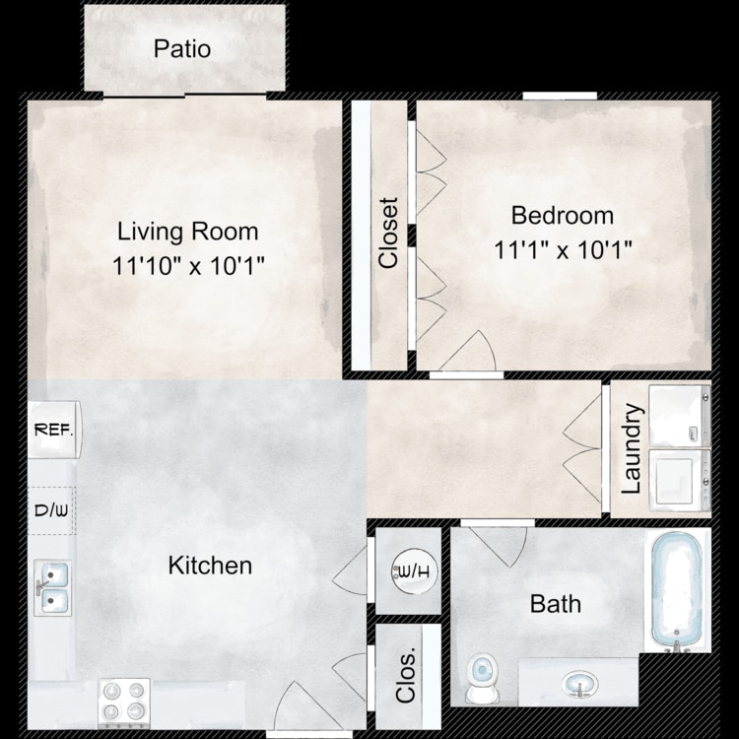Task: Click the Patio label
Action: tap(182, 49)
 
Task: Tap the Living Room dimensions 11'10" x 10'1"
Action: tap(188, 265)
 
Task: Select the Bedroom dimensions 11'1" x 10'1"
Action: tap(563, 249)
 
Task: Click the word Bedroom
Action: tap(563, 216)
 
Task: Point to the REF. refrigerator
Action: tap(54, 430)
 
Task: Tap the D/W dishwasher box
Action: tap(51, 510)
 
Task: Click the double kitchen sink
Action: tap(53, 587)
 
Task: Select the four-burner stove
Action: tap(124, 703)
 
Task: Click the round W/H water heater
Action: tap(415, 571)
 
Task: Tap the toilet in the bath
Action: tap(482, 677)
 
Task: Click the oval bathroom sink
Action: tap(580, 684)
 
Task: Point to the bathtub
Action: tap(677, 592)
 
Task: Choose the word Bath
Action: tap(555, 604)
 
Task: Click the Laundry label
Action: tap(632, 448)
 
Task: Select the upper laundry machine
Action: tap(680, 415)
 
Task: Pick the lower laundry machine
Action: tap(680, 480)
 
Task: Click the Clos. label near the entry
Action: tap(406, 676)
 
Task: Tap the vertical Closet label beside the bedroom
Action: tap(389, 234)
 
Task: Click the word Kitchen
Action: tap(210, 566)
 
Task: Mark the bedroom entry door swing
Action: tap(470, 350)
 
